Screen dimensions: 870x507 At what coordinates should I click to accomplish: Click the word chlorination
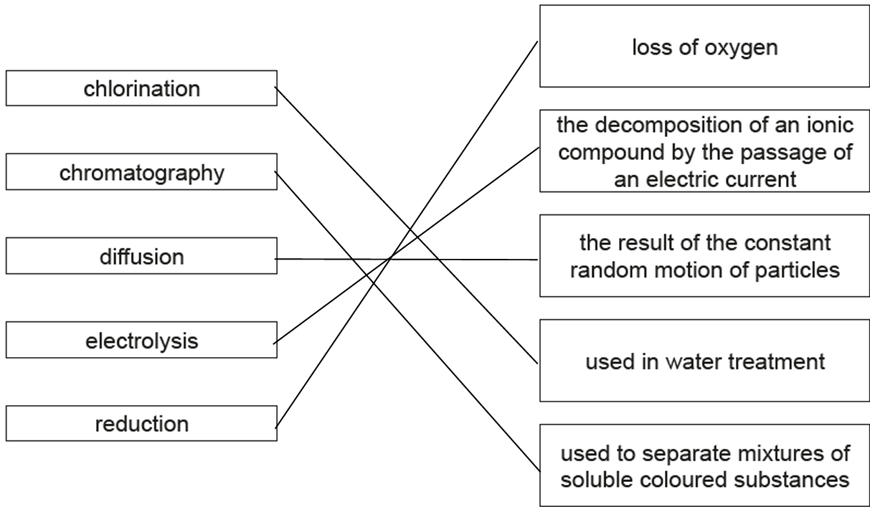tap(142, 89)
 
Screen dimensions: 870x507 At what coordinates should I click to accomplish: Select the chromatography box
tap(141, 171)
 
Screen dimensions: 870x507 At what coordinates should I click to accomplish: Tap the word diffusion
tap(142, 257)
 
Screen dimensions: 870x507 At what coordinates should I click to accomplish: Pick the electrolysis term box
tap(141, 340)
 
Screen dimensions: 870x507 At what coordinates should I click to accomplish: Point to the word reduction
tap(142, 424)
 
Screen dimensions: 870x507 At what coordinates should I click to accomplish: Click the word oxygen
tap(741, 49)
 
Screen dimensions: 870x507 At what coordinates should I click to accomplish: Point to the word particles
tap(797, 271)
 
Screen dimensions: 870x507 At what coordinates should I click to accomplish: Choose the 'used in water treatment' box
tap(704, 360)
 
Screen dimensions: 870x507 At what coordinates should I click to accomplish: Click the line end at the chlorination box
tap(275, 87)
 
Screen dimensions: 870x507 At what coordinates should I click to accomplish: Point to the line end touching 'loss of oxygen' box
tap(538, 41)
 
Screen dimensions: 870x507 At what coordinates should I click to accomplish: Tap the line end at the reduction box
tap(275, 428)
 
